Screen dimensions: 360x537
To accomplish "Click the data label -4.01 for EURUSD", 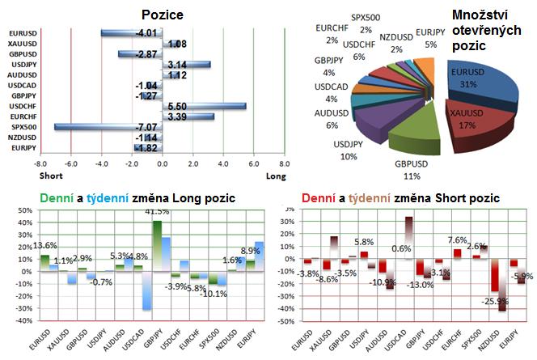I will (x=146, y=33).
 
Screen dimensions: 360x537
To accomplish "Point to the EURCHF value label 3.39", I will (x=177, y=116).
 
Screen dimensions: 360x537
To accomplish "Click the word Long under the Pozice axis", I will (x=275, y=176).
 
